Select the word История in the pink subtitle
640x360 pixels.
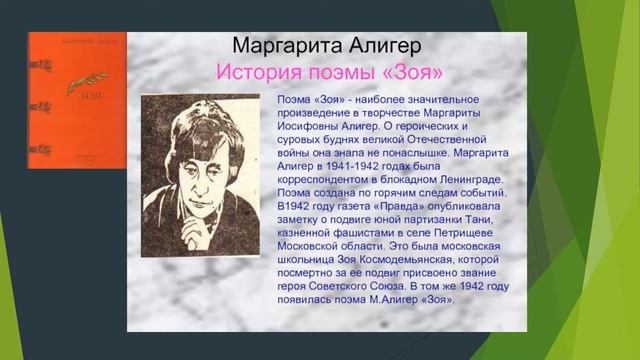[x=266, y=73]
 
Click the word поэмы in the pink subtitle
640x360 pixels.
[x=347, y=73]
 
